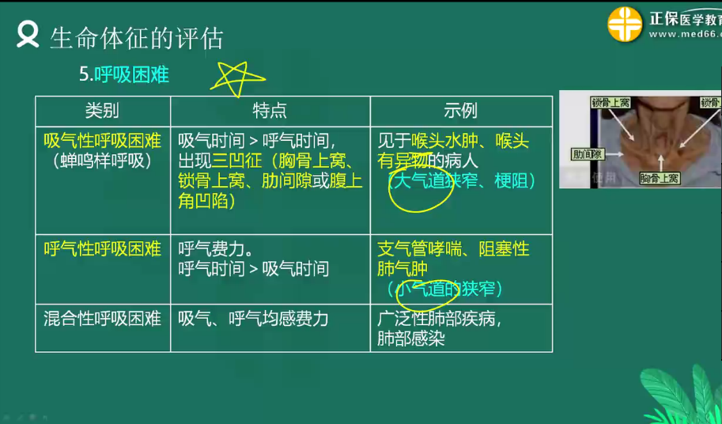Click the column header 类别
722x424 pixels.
tap(102, 111)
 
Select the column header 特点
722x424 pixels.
tap(270, 111)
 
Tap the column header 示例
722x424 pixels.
tap(460, 111)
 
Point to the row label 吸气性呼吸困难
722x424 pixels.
tap(102, 141)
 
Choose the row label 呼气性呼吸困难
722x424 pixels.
tap(102, 248)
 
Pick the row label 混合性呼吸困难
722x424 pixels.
tap(102, 319)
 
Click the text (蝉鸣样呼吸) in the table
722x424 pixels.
tap(102, 161)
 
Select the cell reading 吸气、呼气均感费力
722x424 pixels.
tap(253, 319)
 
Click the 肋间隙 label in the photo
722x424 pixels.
tap(588, 154)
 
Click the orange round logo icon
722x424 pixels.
tap(625, 24)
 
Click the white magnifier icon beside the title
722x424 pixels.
tap(28, 36)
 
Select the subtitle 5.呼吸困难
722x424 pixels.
tap(124, 74)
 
